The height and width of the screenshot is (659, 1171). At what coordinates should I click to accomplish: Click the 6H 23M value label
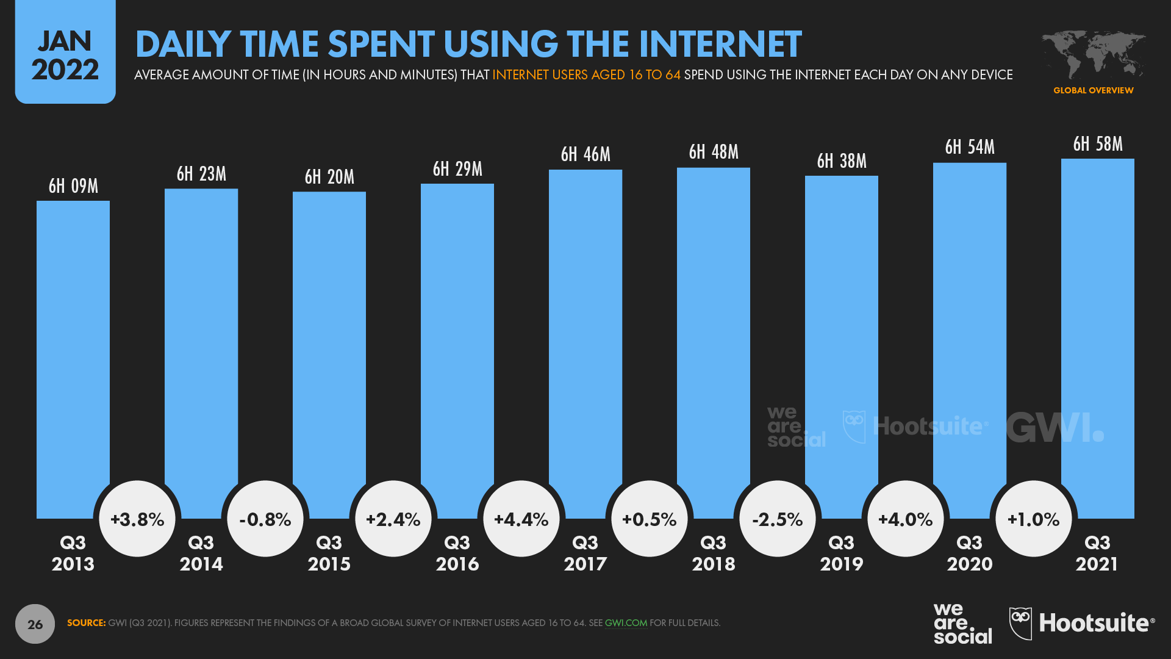(x=201, y=174)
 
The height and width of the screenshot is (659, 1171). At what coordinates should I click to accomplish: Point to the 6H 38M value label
(x=842, y=161)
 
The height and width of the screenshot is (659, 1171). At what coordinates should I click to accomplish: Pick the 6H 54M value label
(x=970, y=147)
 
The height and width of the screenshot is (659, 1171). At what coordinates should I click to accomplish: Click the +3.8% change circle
(x=137, y=519)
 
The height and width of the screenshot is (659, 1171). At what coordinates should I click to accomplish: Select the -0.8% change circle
(x=265, y=519)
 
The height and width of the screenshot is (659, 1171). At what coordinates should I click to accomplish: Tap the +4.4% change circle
(x=521, y=519)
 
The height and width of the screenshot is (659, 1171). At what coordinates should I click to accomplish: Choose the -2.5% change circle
(x=778, y=519)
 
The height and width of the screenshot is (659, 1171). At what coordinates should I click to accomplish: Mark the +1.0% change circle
(x=1034, y=519)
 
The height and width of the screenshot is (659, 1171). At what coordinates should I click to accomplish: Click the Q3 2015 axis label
(x=329, y=553)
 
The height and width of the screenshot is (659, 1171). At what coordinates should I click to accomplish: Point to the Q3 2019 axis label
(x=842, y=553)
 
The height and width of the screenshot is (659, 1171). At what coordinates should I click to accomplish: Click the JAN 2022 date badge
(x=65, y=54)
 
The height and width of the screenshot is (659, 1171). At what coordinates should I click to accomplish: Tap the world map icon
(x=1093, y=54)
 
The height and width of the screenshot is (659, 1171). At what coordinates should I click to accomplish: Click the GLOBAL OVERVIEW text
(x=1093, y=90)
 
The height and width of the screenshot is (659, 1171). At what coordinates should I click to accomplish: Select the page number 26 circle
(x=35, y=624)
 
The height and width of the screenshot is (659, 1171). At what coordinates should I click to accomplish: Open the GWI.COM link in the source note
(x=626, y=623)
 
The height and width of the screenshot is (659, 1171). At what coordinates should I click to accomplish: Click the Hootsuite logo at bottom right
(x=1082, y=623)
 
